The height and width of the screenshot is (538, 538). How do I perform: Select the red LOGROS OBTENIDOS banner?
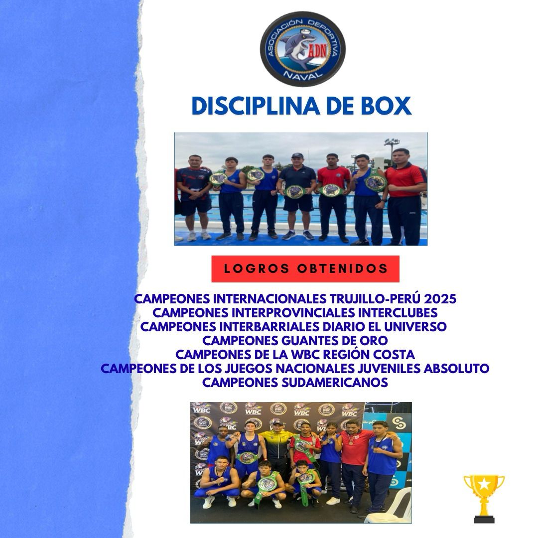(x=305, y=269)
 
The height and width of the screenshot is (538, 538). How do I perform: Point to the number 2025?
(x=440, y=299)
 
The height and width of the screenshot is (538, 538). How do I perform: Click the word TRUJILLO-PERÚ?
(x=376, y=299)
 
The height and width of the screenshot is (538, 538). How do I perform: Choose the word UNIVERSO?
(x=415, y=327)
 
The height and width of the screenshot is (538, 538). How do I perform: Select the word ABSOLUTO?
(x=456, y=369)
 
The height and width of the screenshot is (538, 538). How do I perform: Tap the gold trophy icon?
(x=484, y=499)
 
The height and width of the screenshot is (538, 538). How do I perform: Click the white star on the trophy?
(x=484, y=484)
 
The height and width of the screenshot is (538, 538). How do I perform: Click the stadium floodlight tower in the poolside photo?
(x=392, y=149)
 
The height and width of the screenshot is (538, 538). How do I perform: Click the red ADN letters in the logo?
(x=318, y=51)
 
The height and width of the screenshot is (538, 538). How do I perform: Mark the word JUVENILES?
(x=389, y=369)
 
